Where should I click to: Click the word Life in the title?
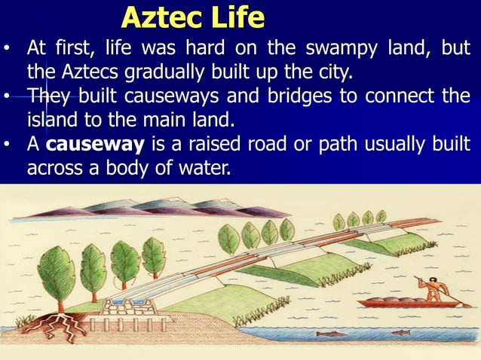pos(239,17)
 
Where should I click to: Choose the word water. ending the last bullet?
pos(203,168)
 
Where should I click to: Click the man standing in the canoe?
pos(433,288)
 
